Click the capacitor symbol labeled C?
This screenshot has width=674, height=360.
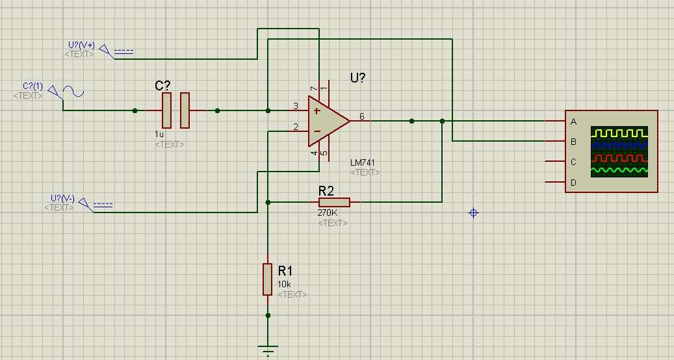point(175,110)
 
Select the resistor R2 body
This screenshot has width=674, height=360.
point(334,203)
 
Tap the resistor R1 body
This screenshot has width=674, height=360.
point(267,279)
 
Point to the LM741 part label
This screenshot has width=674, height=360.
point(363,162)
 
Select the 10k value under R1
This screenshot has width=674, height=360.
point(285,285)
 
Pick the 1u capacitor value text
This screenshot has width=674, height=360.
point(159,134)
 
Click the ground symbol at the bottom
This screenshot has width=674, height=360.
point(267,349)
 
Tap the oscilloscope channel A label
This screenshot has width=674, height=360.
point(573,122)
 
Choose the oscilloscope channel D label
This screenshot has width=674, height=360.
point(573,183)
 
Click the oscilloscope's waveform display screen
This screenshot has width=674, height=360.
point(619,151)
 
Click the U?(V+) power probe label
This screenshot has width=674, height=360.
point(81,45)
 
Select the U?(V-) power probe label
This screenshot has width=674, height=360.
point(62,198)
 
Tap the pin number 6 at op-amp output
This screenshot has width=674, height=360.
point(362,116)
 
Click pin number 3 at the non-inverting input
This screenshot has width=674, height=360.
point(296,106)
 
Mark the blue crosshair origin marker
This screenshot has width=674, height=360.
point(474,213)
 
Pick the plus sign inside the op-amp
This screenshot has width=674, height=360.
point(317,110)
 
